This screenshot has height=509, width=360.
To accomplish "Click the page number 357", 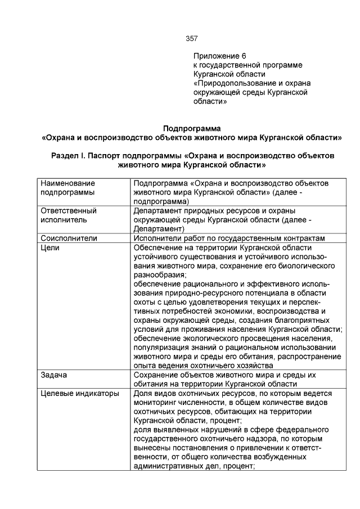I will [191, 39].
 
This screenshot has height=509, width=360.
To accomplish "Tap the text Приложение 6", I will [220, 56].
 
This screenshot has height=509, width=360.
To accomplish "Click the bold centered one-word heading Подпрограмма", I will [192, 128].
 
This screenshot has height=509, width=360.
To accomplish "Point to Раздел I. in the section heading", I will [67, 155].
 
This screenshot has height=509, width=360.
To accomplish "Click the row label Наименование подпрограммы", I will [68, 188].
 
